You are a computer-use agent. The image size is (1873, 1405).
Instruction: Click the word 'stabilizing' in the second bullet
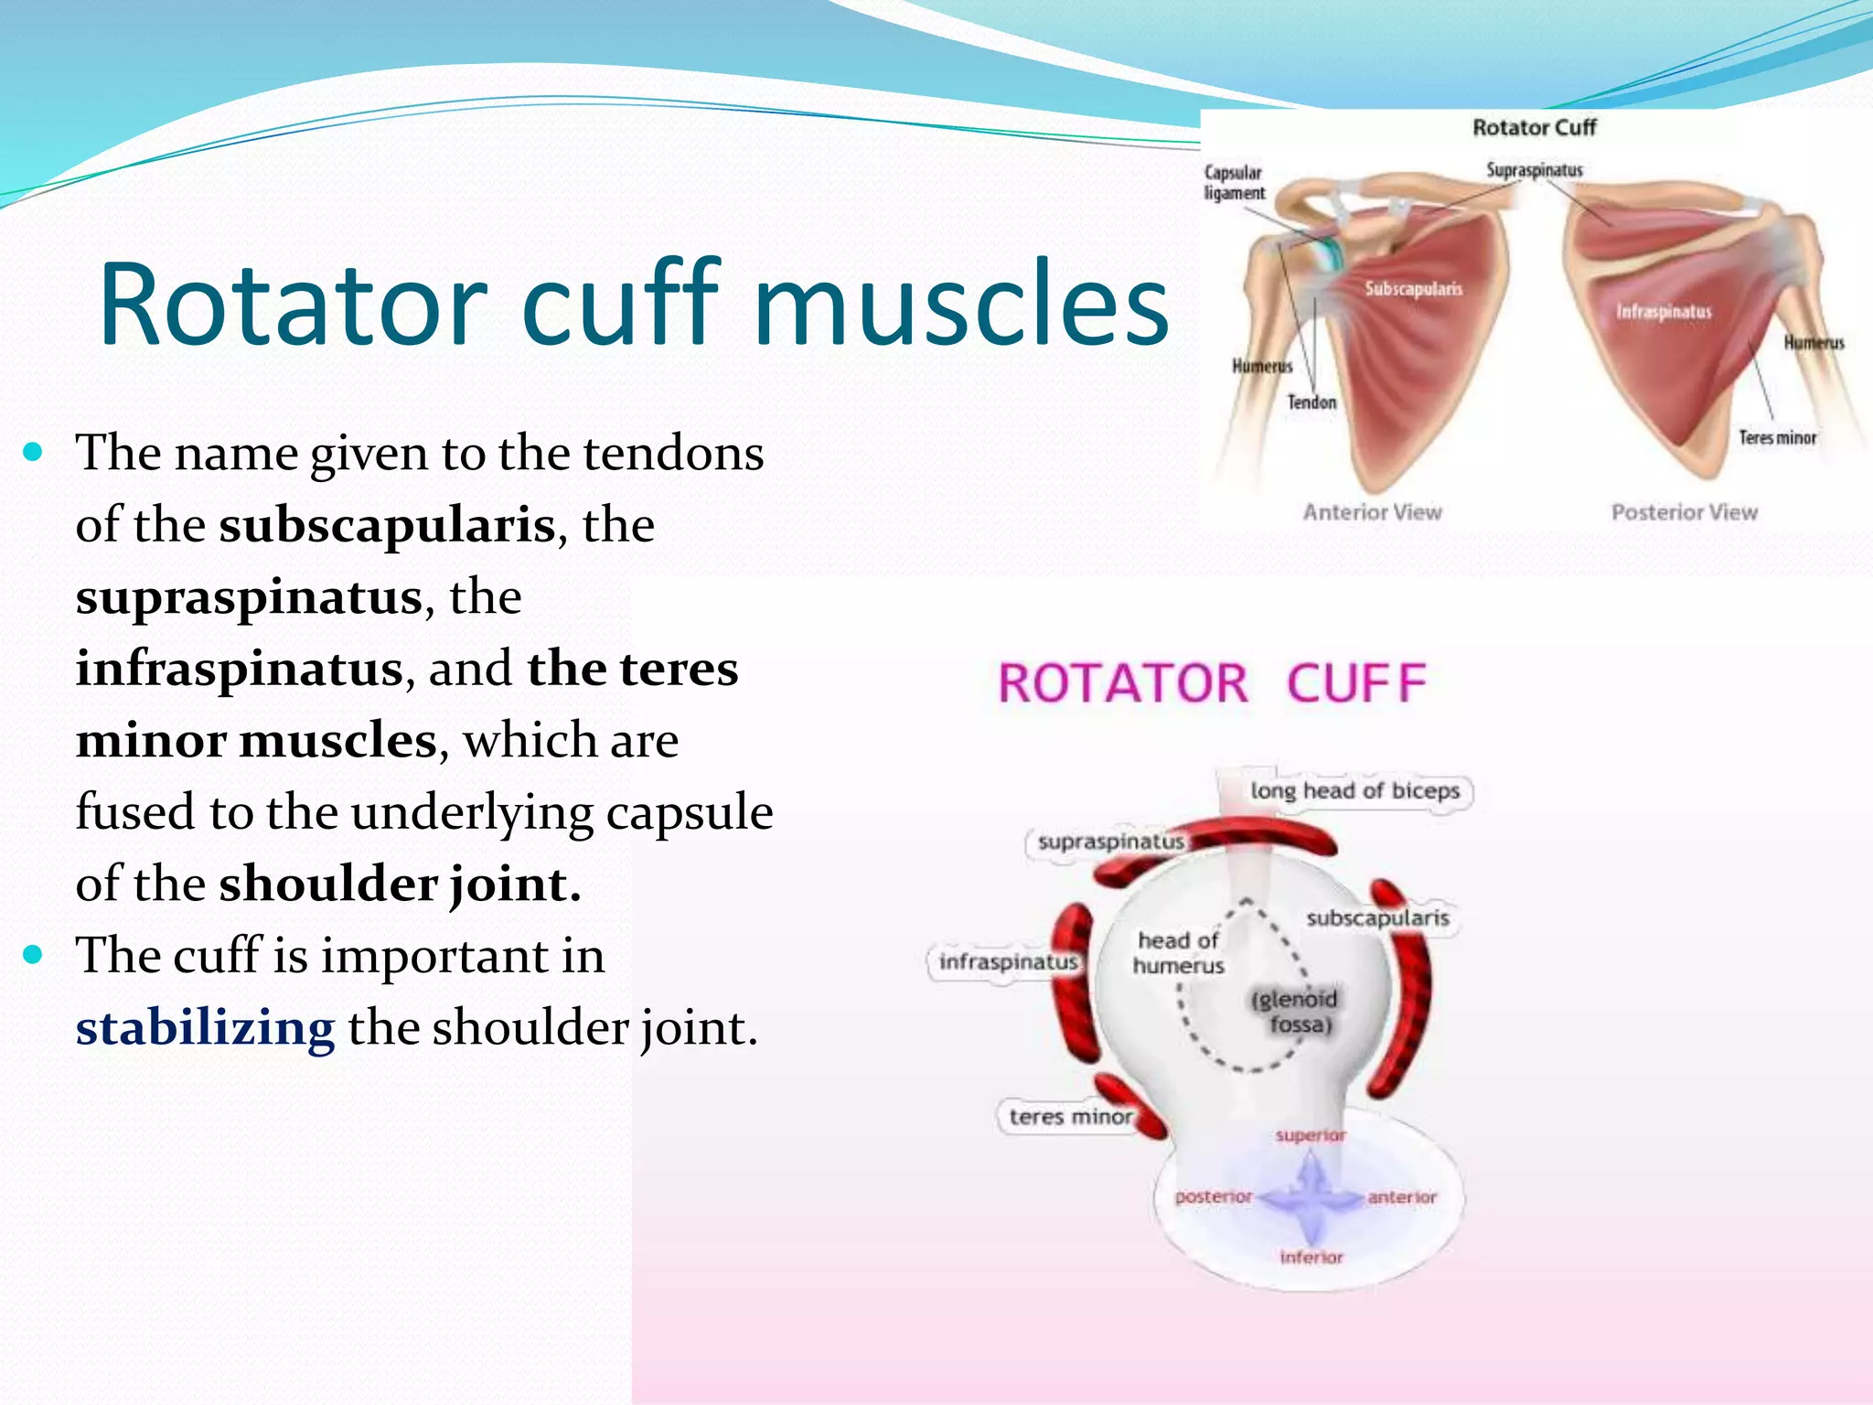click(x=205, y=1028)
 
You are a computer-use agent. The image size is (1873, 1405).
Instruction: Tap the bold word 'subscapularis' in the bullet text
click(x=387, y=525)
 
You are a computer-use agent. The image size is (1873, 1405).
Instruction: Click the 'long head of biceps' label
click(x=1355, y=790)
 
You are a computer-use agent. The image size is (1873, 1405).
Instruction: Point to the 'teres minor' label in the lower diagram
click(x=1070, y=1117)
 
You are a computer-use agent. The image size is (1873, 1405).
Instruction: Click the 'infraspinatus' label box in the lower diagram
click(x=1008, y=962)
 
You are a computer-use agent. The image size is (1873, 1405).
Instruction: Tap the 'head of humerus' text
click(x=1178, y=953)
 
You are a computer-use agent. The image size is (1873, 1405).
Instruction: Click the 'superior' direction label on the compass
click(x=1311, y=1135)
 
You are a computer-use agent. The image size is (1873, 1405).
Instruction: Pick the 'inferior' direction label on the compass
click(x=1311, y=1258)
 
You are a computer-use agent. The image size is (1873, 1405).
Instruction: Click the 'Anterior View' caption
click(x=1372, y=512)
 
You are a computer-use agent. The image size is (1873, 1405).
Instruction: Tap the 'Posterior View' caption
click(x=1684, y=512)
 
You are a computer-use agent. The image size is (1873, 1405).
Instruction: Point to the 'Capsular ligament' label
click(x=1234, y=183)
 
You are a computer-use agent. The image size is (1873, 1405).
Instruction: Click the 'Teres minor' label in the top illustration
click(x=1777, y=438)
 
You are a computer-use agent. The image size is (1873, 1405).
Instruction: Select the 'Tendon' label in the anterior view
click(x=1311, y=402)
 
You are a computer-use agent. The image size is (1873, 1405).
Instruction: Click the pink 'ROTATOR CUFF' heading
click(x=1212, y=684)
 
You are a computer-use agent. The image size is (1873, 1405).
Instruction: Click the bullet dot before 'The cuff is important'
click(x=34, y=955)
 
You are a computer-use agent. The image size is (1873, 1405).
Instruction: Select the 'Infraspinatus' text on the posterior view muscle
click(x=1663, y=312)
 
